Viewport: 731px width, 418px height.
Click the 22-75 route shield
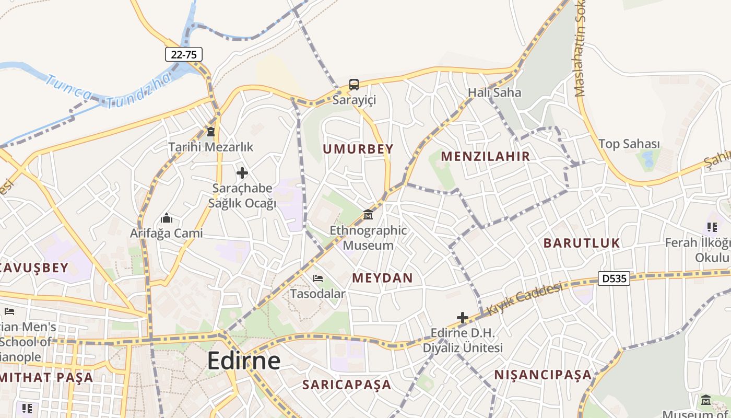[184, 54]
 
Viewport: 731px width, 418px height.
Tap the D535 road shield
[614, 278]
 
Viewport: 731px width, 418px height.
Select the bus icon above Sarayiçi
[354, 84]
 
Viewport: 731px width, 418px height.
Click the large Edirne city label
[244, 361]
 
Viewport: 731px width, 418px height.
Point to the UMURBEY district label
[358, 149]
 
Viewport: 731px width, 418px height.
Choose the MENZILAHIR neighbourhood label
[486, 156]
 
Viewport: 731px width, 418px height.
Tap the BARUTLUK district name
[582, 243]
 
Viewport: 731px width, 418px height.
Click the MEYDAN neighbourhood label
[383, 278]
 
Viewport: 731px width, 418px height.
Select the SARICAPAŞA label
[347, 385]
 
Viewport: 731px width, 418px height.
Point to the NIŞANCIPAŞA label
[543, 375]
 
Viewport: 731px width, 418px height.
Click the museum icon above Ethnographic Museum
[368, 214]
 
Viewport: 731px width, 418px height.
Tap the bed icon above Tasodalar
[317, 278]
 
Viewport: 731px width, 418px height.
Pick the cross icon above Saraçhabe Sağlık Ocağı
[242, 172]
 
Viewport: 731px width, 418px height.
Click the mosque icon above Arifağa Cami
[167, 217]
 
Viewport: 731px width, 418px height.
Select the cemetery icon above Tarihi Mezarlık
[211, 131]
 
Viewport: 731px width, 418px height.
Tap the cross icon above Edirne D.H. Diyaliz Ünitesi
[462, 317]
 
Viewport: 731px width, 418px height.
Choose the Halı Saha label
[494, 92]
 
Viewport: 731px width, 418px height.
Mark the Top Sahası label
[629, 144]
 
